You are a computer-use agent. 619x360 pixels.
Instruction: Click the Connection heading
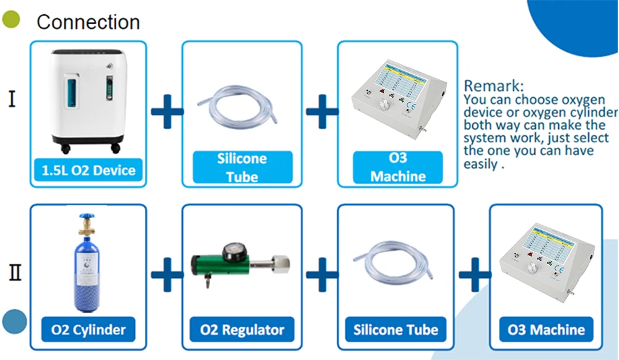[88, 22]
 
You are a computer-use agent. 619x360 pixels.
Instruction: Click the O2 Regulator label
[242, 329]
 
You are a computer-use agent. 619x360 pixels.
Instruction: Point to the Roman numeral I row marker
[12, 99]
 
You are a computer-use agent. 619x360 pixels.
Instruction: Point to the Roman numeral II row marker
[14, 272]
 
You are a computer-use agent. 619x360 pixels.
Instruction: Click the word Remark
[493, 85]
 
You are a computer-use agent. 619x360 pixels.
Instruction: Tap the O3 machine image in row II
[546, 260]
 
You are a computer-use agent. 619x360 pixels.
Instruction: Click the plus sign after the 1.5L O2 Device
[167, 112]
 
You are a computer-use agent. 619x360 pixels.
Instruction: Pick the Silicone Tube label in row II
[396, 329]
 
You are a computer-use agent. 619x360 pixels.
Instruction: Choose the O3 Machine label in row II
[546, 329]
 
